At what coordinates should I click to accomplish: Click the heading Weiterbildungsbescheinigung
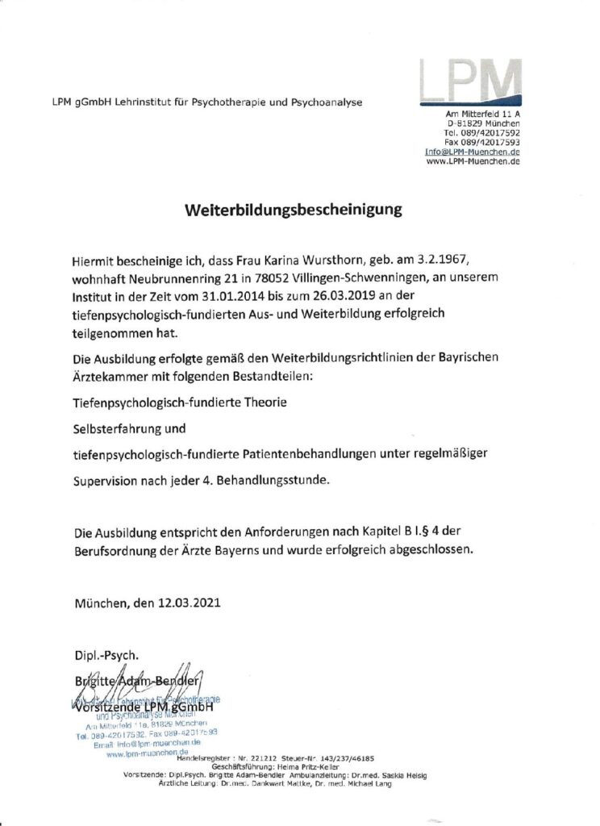click(293, 211)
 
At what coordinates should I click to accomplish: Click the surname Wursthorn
click(359, 261)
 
